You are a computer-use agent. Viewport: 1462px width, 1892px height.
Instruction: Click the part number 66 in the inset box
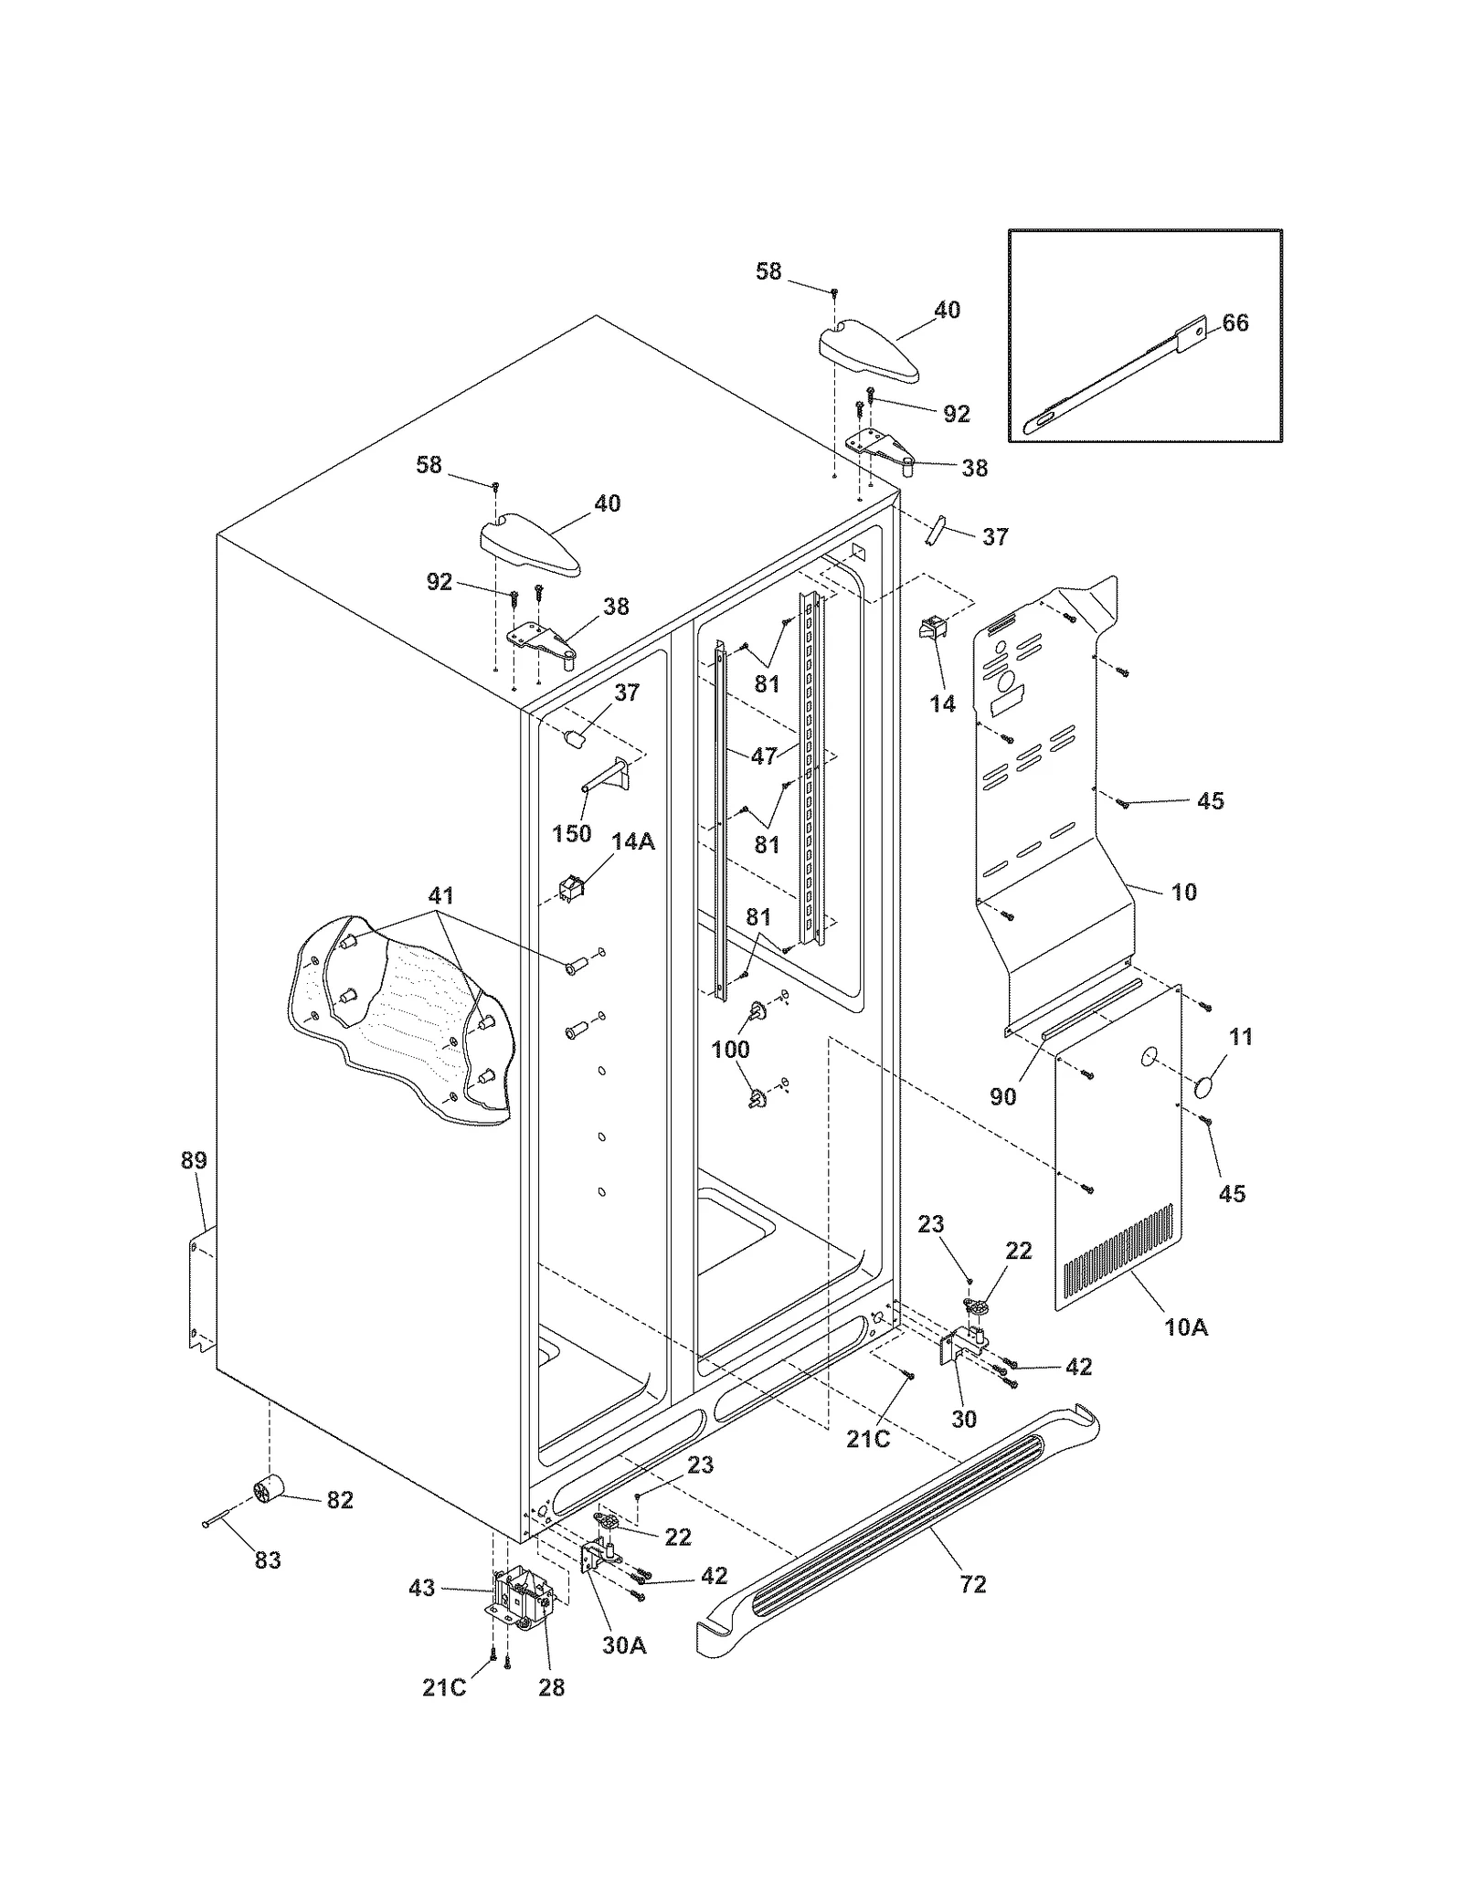(1234, 323)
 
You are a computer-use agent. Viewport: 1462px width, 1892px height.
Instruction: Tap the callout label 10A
(1186, 1327)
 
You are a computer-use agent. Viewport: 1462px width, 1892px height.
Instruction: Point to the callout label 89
(194, 1160)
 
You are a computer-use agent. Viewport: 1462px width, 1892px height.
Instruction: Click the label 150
(572, 833)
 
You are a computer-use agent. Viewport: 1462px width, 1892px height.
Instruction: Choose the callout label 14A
(633, 841)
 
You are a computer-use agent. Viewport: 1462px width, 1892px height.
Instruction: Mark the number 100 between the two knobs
(730, 1049)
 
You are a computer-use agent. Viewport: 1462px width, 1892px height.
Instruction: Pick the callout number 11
(1241, 1037)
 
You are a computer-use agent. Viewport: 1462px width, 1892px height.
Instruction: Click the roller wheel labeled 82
(270, 1493)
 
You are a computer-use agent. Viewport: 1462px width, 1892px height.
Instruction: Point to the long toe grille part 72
(895, 1517)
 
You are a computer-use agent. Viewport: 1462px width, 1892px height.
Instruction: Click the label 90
(1003, 1096)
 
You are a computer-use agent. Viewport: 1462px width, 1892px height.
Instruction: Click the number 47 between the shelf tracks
(764, 756)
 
